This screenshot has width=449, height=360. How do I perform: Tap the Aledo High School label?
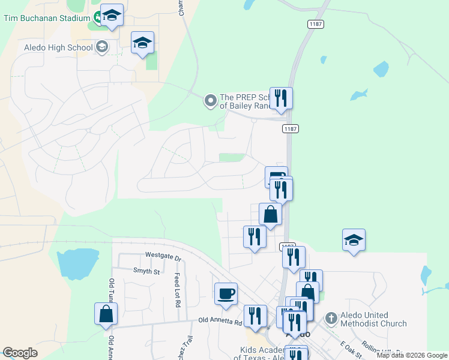click(x=58, y=47)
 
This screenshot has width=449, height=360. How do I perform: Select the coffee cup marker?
click(x=226, y=294)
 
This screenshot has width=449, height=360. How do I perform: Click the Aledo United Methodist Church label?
click(x=373, y=319)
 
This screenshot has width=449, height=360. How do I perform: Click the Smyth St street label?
click(x=147, y=271)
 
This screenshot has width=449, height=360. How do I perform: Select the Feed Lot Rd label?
click(x=178, y=290)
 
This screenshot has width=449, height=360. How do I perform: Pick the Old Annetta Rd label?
click(x=220, y=322)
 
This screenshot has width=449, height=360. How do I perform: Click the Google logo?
click(x=20, y=353)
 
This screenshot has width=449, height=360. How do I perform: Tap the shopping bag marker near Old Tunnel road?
click(x=106, y=314)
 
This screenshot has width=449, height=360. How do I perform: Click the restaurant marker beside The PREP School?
click(x=281, y=98)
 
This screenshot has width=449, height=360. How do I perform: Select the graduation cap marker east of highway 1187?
click(x=354, y=240)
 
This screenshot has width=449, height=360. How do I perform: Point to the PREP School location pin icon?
click(x=210, y=101)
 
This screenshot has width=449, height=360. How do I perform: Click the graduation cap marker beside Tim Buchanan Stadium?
click(x=112, y=15)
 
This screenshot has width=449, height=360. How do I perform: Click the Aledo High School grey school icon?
click(x=102, y=47)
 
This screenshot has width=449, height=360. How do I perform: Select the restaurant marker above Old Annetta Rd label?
click(x=255, y=316)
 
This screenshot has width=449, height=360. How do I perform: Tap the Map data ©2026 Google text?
click(x=412, y=355)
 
